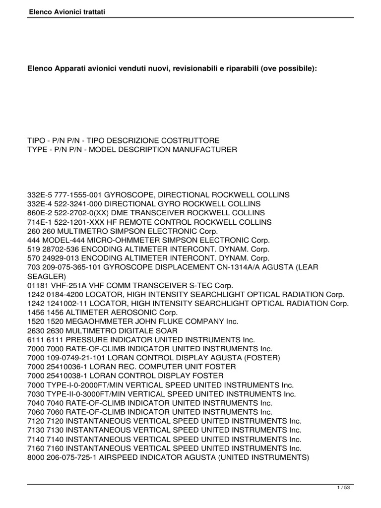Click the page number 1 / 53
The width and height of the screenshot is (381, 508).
343,488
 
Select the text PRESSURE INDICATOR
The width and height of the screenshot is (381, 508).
99,339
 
